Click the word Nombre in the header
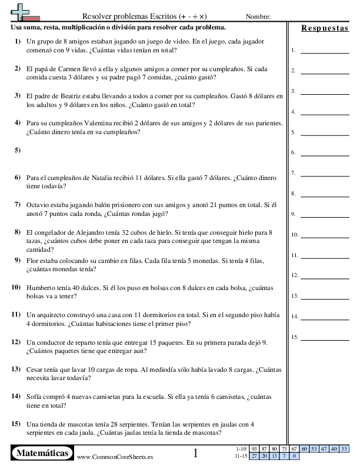tap(258, 17)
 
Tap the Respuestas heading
tap(324, 28)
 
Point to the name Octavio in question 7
tap(39, 205)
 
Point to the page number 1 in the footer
tap(195, 453)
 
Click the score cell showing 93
tap(255, 449)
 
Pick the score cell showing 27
tap(255, 456)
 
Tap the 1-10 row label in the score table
tap(241, 449)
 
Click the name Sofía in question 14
tap(35, 397)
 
